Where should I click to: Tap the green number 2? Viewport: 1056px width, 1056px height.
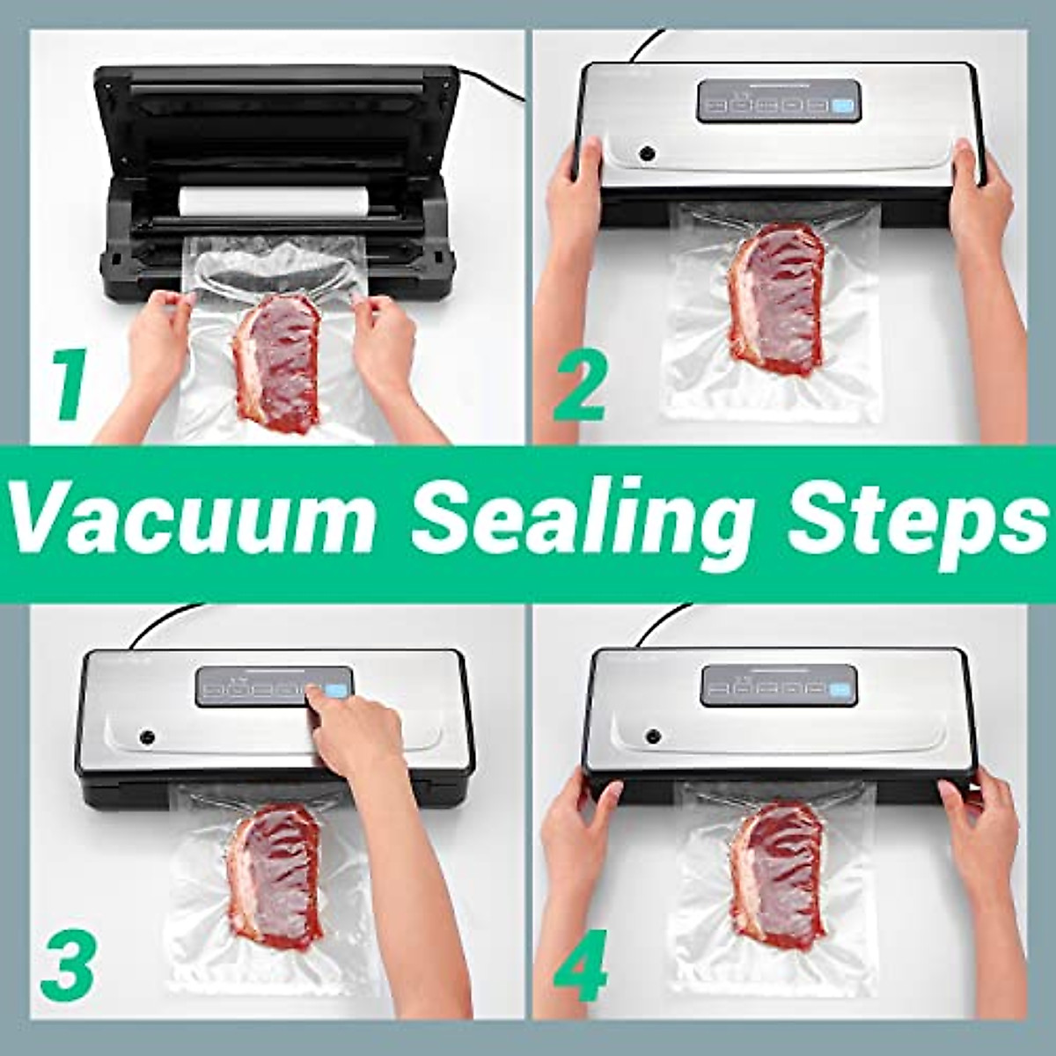580,385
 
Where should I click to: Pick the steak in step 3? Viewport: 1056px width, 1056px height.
273,871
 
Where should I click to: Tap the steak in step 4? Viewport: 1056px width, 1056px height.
778,871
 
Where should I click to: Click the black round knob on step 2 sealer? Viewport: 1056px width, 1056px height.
648,154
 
